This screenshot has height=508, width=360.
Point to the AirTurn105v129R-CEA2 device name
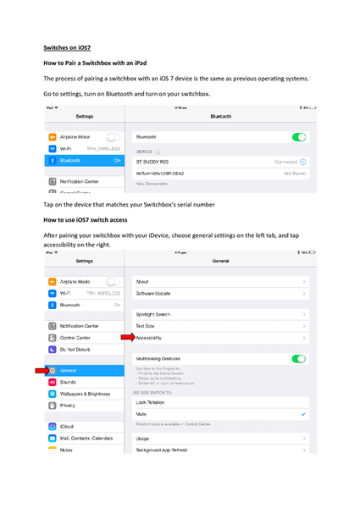pyautogui.click(x=160, y=173)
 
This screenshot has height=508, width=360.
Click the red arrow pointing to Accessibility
pyautogui.click(x=126, y=337)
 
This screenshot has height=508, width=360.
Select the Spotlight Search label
pyautogui.click(x=153, y=315)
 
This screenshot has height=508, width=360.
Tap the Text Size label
pyautogui.click(x=147, y=326)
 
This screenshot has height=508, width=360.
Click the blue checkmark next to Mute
pyautogui.click(x=304, y=415)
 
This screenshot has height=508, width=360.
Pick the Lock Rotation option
pyautogui.click(x=152, y=402)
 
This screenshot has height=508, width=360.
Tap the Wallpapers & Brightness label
pyautogui.click(x=86, y=394)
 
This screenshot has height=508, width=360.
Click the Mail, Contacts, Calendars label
pyautogui.click(x=86, y=438)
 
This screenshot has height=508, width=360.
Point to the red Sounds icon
pyautogui.click(x=53, y=383)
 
